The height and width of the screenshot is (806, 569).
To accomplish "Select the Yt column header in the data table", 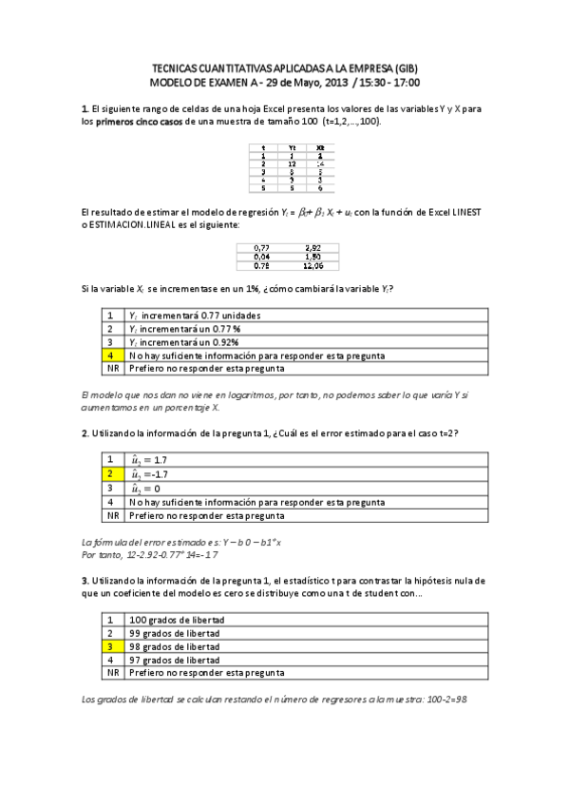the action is pos(292,147).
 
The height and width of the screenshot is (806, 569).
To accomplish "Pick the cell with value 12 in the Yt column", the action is pos(292,163).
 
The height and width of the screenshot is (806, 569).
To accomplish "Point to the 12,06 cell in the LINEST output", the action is pos(315,264).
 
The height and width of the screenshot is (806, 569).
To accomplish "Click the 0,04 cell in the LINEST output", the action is pos(262,255).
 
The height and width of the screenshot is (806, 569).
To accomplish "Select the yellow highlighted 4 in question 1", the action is pos(111,355).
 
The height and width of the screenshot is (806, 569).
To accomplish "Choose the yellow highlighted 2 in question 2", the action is pos(111,472).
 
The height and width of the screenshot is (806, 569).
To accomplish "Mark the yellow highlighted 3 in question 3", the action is pos(111,645).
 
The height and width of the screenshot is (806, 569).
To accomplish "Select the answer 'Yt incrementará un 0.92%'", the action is pos(182,342).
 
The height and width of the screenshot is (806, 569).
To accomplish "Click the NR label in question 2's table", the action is pos(112,515).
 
